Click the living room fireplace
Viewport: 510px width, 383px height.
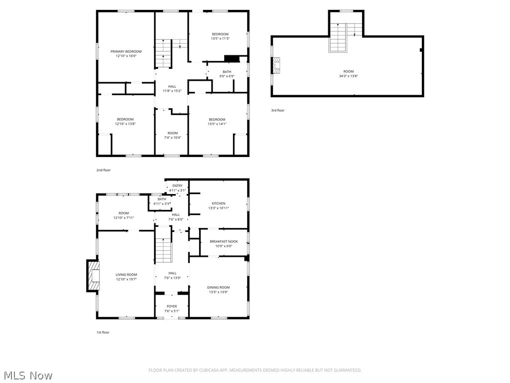[x=93, y=275]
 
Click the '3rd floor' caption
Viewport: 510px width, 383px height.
[x=277, y=110]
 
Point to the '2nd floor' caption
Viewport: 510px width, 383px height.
[x=104, y=170]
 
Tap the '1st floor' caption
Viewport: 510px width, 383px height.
[x=103, y=332]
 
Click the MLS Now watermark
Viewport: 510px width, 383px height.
[x=27, y=375]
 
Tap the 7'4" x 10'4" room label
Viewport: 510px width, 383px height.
[x=172, y=137]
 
